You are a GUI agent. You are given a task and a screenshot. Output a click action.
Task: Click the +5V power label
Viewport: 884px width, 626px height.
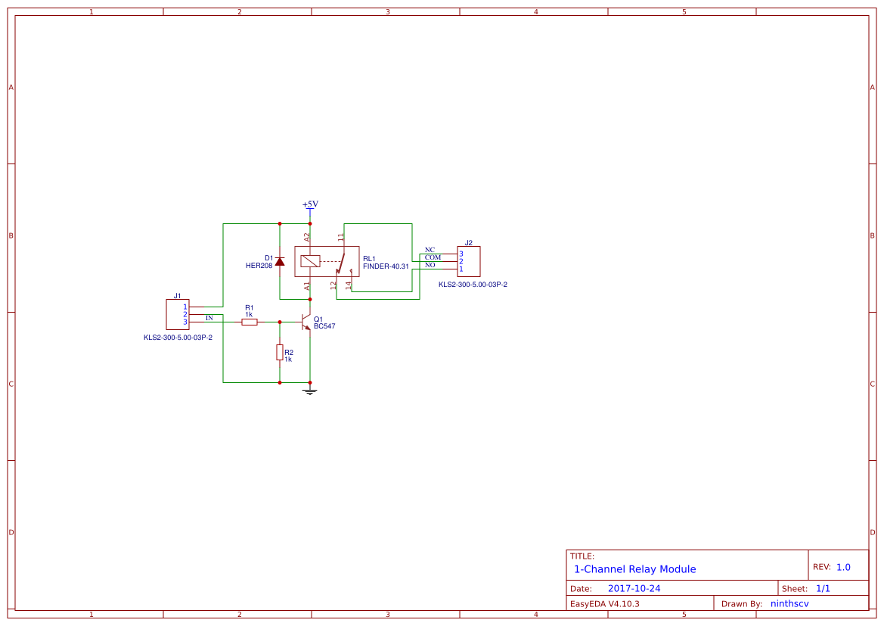pyautogui.click(x=310, y=204)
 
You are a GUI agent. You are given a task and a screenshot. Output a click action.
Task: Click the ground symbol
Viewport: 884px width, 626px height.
pyautogui.click(x=309, y=391)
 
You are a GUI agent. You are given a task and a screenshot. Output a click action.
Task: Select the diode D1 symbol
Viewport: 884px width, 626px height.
pyautogui.click(x=280, y=261)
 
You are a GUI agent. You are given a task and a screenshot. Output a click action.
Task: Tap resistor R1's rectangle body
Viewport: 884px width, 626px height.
pyautogui.click(x=250, y=322)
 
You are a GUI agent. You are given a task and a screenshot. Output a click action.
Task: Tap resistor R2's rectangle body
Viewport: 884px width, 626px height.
pyautogui.click(x=280, y=352)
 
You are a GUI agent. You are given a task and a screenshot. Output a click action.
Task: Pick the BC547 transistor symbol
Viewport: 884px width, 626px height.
pyautogui.click(x=306, y=322)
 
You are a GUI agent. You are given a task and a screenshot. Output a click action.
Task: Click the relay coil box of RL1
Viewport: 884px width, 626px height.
pyautogui.click(x=309, y=261)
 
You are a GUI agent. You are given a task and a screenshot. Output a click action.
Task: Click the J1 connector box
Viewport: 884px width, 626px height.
pyautogui.click(x=178, y=314)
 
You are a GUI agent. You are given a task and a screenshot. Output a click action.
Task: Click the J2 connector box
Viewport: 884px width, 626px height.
pyautogui.click(x=469, y=261)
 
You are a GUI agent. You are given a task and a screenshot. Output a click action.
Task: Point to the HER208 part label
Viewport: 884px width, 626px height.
pyautogui.click(x=259, y=266)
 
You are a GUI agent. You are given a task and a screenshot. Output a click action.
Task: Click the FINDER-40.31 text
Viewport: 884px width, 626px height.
pyautogui.click(x=386, y=266)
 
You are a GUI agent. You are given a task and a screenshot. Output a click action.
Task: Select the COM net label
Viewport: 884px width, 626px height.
pyautogui.click(x=433, y=257)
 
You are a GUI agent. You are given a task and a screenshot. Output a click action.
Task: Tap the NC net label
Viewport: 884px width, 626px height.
pyautogui.click(x=430, y=250)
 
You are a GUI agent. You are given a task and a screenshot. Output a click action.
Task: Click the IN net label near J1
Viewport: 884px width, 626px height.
pyautogui.click(x=209, y=318)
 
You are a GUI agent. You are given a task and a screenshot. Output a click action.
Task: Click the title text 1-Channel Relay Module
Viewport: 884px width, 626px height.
pyautogui.click(x=634, y=569)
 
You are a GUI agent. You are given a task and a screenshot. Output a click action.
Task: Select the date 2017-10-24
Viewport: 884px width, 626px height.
pyautogui.click(x=634, y=588)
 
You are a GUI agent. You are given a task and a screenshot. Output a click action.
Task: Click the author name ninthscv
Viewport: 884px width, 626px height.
pyautogui.click(x=789, y=604)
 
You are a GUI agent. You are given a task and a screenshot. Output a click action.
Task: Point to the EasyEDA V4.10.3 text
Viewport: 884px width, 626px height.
pyautogui.click(x=604, y=604)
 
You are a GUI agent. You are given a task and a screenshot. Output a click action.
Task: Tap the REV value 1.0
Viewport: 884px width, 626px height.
pyautogui.click(x=843, y=567)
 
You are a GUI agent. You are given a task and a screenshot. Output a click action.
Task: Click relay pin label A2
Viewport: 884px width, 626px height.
pyautogui.click(x=307, y=237)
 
